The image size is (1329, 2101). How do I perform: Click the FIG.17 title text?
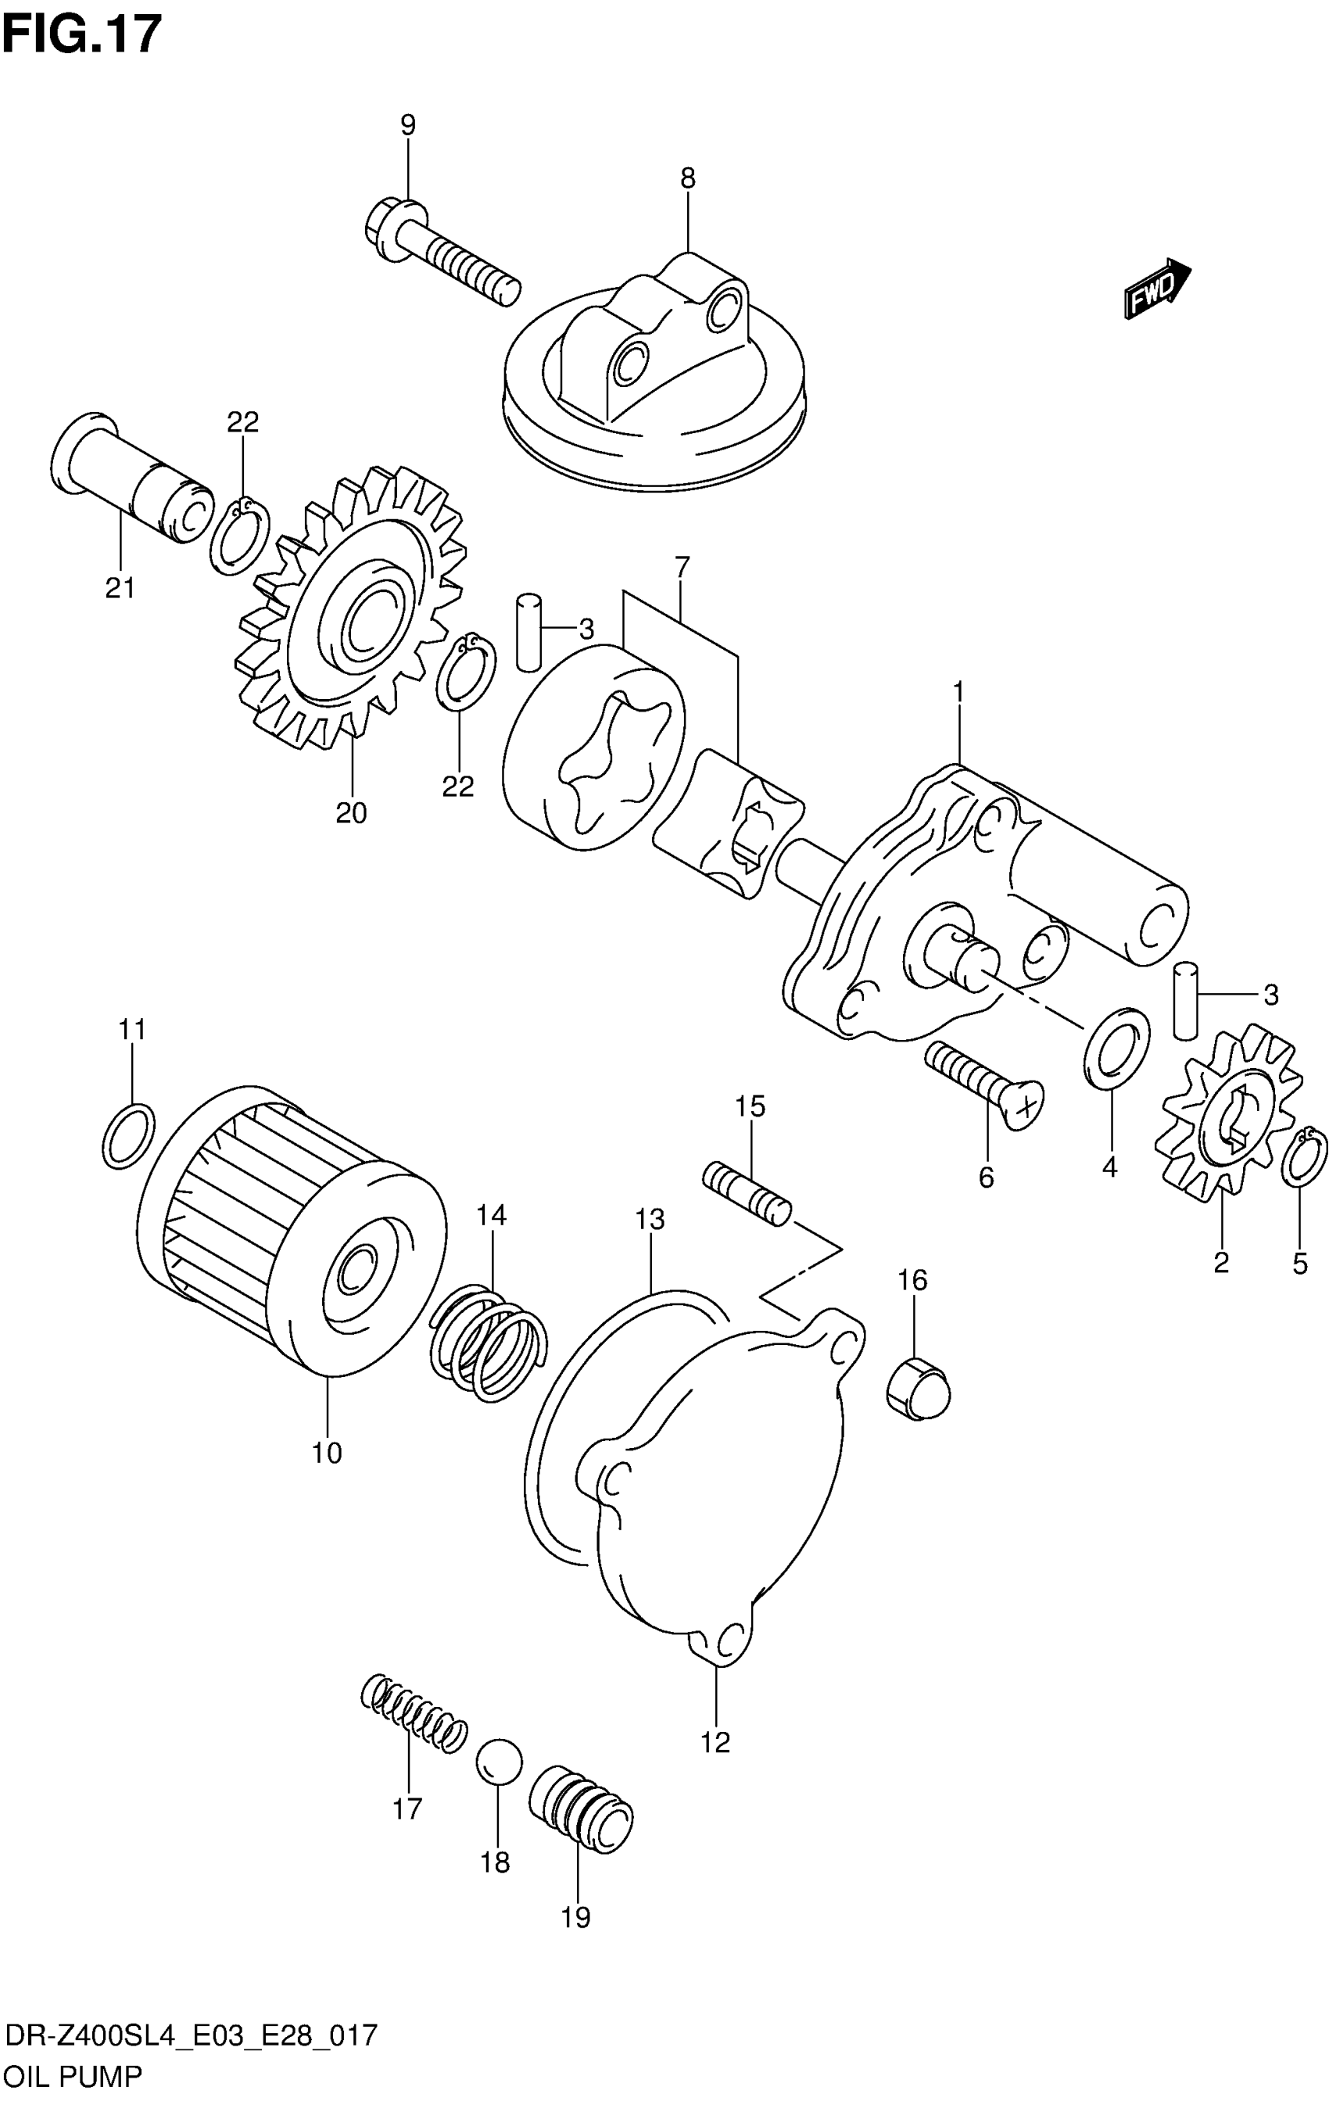pos(82,35)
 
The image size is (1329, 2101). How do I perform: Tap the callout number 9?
pos(407,125)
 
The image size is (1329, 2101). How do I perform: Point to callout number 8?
pos(688,179)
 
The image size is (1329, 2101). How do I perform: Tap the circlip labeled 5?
pos(1305,1157)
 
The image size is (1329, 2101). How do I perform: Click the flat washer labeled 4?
pos(1116,1048)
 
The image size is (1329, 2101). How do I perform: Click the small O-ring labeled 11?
pos(129,1135)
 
